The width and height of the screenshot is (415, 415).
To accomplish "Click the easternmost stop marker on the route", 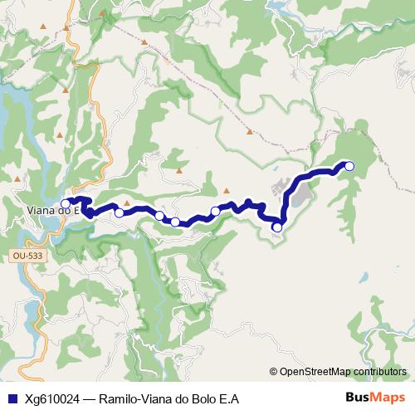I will tap(349, 166).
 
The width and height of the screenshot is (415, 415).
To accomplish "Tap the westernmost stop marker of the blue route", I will tap(66, 203).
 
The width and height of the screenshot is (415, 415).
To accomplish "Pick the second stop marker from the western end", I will tap(120, 213).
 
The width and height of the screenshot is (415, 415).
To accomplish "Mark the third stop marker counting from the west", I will tap(159, 216).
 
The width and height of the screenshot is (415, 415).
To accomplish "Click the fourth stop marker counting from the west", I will tap(175, 222).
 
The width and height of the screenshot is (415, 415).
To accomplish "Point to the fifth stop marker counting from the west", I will tap(215, 212).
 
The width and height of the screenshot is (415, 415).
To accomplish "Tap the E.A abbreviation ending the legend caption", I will tap(230, 398).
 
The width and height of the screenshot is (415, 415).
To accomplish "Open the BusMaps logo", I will tap(374, 397).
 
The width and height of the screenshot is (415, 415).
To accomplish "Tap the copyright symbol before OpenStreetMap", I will tap(275, 372).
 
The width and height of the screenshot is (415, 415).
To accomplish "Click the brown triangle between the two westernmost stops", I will tap(127, 202).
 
